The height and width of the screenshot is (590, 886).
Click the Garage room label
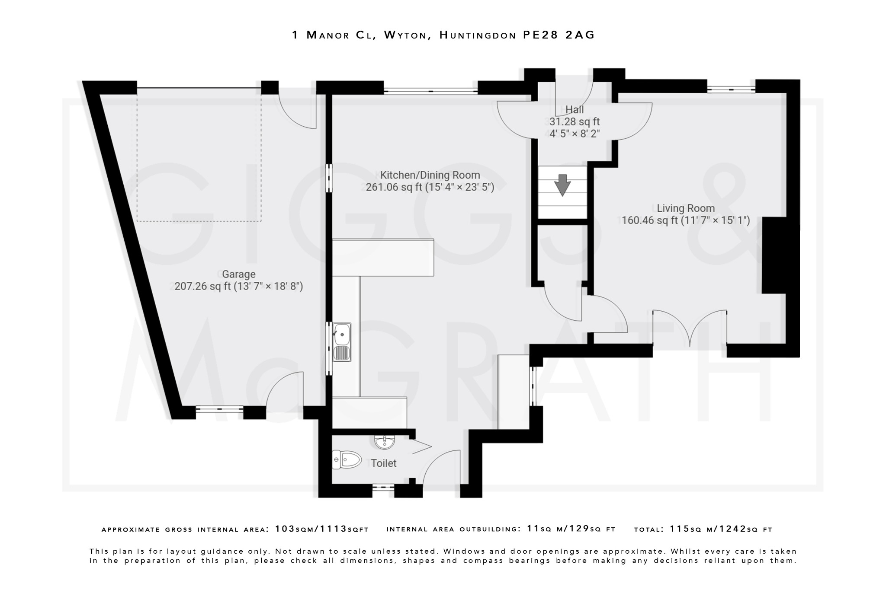pyautogui.click(x=238, y=274)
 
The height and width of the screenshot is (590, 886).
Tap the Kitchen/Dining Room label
pyautogui.click(x=430, y=175)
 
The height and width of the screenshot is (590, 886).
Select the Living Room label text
pyautogui.click(x=686, y=208)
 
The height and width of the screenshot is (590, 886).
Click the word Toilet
pyautogui.click(x=384, y=463)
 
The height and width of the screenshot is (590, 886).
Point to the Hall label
pyautogui.click(x=575, y=109)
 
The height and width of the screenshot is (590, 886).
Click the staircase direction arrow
pyautogui.click(x=562, y=185)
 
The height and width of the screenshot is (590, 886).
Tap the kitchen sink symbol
pyautogui.click(x=342, y=342)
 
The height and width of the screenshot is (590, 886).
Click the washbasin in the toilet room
pyautogui.click(x=384, y=442)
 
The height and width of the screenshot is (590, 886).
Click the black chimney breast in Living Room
pyautogui.click(x=774, y=255)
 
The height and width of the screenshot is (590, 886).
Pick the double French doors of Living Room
pyautogui.click(x=690, y=328)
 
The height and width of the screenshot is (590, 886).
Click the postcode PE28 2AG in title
pyautogui.click(x=559, y=35)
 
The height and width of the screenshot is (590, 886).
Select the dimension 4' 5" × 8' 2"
pyautogui.click(x=575, y=134)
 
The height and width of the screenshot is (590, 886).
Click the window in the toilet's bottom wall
pyautogui.click(x=383, y=487)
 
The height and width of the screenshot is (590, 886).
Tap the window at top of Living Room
pyautogui.click(x=731, y=89)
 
